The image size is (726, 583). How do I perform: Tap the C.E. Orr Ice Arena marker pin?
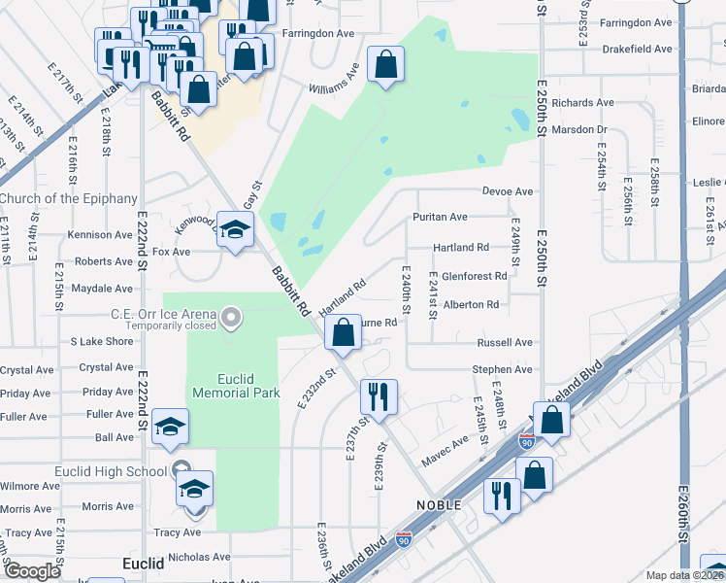point(230,317)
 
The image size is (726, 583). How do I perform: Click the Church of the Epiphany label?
point(68,199)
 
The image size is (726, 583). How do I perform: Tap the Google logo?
point(32,571)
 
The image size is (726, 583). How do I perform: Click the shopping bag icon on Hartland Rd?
point(344,333)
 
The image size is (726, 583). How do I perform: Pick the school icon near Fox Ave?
point(234,230)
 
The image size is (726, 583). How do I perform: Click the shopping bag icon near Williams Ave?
point(386,66)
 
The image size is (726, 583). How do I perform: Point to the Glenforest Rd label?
point(474,276)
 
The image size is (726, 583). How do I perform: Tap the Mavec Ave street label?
point(445,448)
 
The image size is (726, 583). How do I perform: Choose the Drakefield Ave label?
point(636,49)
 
